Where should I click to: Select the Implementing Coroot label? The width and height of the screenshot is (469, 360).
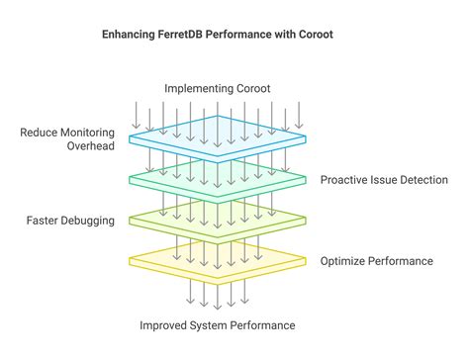coord(217,88)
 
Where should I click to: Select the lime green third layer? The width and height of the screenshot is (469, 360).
coord(217,219)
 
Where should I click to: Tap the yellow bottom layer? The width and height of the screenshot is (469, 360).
coord(217,261)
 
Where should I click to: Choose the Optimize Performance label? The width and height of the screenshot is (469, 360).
coord(376,261)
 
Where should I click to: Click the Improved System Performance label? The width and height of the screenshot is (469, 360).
coord(217,324)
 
